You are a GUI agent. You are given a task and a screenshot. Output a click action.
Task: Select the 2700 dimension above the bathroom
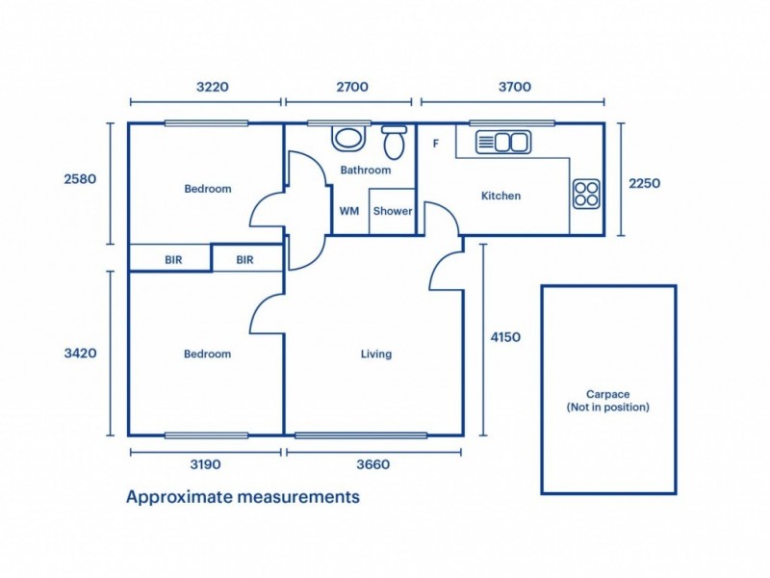tap(352, 87)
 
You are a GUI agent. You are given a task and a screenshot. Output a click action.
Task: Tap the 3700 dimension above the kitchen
tap(515, 87)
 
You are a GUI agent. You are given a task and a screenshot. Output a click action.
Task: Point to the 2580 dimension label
tap(81, 179)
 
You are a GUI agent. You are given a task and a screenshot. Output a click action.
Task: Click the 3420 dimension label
tap(81, 354)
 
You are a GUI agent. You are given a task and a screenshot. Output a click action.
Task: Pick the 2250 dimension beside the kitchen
tap(644, 183)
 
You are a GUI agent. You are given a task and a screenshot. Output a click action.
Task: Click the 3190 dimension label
tap(206, 464)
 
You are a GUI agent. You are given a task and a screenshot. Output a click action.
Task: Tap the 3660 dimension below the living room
tap(373, 464)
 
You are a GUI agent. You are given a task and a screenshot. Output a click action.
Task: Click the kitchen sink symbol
tap(502, 143)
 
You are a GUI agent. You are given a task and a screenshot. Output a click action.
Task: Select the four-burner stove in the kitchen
tap(586, 194)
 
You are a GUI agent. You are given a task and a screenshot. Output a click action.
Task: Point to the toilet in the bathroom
tap(394, 143)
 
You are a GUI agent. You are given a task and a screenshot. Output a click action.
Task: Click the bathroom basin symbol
tap(348, 137)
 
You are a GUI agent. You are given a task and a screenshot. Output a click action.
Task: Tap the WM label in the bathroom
tap(348, 212)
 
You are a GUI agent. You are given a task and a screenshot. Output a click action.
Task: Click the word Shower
tap(393, 212)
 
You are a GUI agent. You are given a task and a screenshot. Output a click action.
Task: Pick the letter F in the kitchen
tap(436, 144)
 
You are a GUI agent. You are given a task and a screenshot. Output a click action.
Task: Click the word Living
tap(376, 354)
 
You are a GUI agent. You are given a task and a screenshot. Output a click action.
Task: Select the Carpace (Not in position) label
tap(607, 401)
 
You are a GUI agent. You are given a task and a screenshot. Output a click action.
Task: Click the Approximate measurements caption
tap(243, 497)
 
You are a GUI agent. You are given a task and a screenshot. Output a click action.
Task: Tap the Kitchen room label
tap(500, 196)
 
